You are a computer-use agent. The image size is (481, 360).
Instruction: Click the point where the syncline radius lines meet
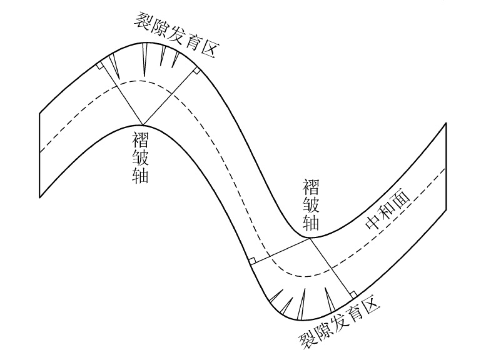pyautogui.click(x=310, y=238)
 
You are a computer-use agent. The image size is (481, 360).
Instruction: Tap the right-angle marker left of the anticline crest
pyautogui.click(x=101, y=64)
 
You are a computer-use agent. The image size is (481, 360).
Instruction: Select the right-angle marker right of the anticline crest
pyautogui.click(x=196, y=71)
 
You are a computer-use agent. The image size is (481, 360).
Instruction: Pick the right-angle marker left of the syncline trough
pyautogui.click(x=251, y=259)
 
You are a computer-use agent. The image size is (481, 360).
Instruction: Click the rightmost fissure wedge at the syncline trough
pyautogui.click(x=328, y=299)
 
